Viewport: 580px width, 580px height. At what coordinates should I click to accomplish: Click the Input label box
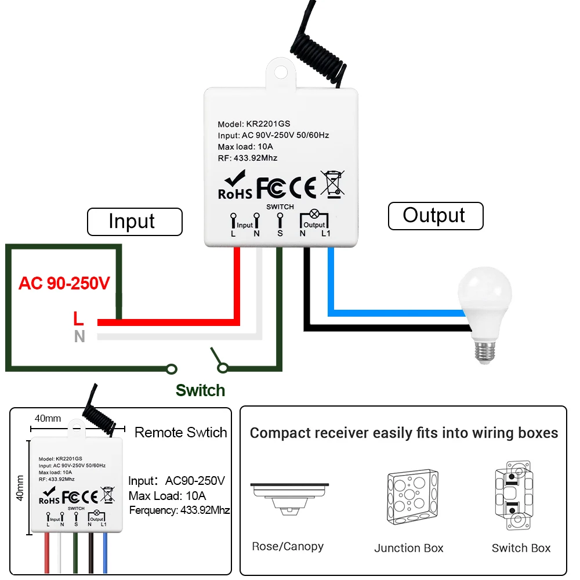coord(135,222)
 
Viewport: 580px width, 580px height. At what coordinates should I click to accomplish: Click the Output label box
coord(436,216)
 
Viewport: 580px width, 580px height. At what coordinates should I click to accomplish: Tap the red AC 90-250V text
coord(64,284)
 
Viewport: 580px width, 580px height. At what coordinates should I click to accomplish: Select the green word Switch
coord(200,390)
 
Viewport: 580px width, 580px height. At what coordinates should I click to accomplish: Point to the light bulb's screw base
coord(484,352)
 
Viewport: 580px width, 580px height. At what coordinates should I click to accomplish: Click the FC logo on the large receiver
coord(271,187)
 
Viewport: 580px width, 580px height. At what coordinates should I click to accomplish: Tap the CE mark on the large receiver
coord(303,187)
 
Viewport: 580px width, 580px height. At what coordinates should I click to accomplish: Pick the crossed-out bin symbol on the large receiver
coord(332,184)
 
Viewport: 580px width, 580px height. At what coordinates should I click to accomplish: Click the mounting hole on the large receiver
coord(281,72)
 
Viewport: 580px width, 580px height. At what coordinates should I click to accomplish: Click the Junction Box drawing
coord(412,497)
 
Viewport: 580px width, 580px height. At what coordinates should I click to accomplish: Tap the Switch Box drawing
coord(514,496)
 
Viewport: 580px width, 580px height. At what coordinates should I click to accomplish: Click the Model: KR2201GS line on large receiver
coord(254,124)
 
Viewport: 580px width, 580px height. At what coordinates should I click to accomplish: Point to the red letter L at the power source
coord(78,318)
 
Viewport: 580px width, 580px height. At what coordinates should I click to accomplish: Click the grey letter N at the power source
coord(79,336)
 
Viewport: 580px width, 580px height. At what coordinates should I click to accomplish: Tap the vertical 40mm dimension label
coord(20,488)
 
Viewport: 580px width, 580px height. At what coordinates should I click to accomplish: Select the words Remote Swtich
coord(180,433)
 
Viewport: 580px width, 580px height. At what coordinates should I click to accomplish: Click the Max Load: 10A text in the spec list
coord(167,496)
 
